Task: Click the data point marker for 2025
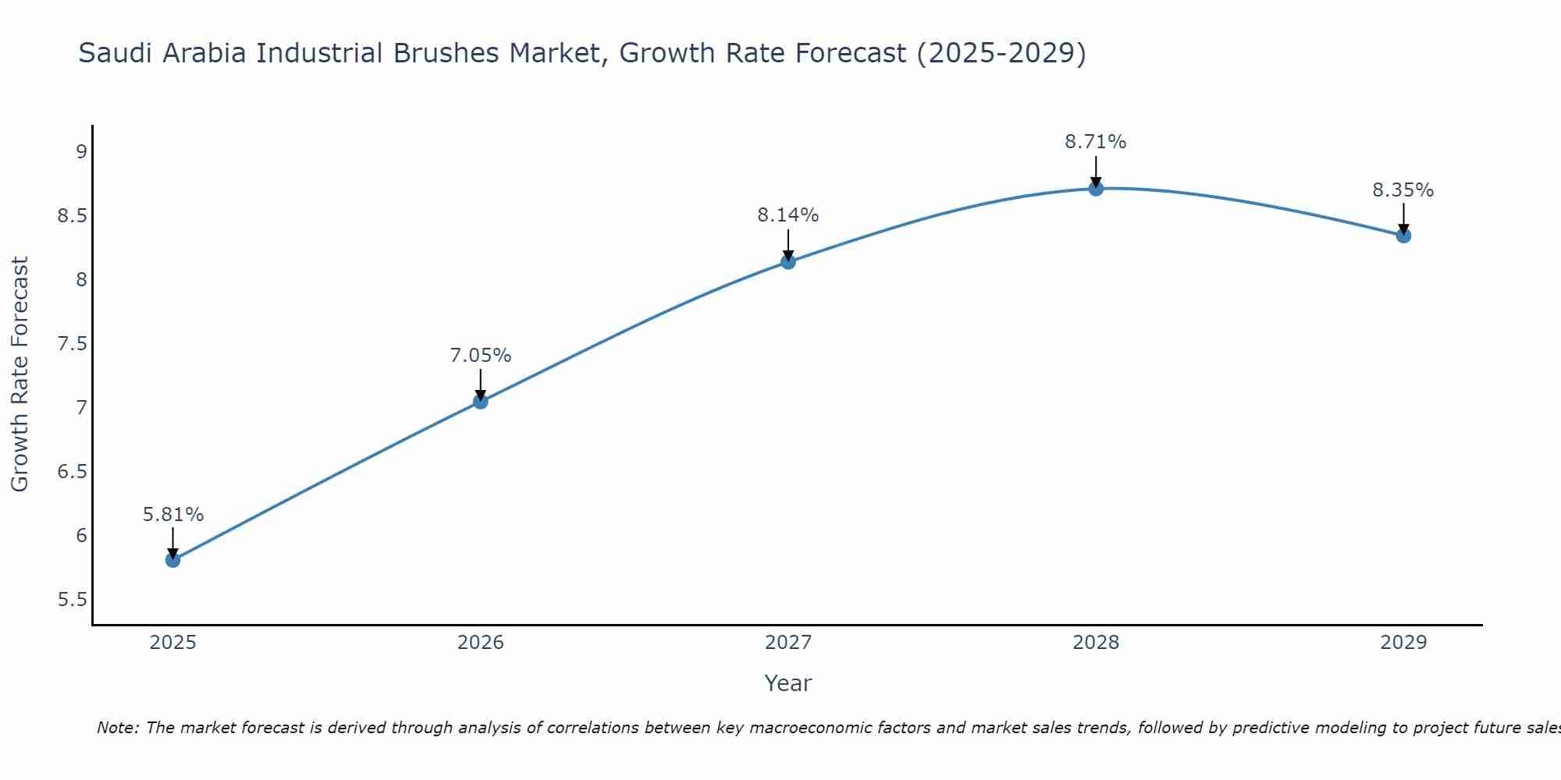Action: point(173,559)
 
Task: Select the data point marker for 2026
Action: point(481,401)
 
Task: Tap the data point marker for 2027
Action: point(788,261)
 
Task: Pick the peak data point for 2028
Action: point(1096,188)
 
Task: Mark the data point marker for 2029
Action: point(1403,235)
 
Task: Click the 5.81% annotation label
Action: point(173,515)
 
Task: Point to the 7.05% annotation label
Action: point(481,356)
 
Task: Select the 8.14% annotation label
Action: point(788,215)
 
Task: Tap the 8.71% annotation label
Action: point(1096,142)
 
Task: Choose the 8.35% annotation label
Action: point(1403,190)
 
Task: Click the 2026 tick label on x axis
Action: point(481,643)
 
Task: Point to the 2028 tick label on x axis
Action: point(1096,643)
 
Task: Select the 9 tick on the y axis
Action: point(81,151)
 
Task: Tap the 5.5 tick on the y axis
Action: point(72,600)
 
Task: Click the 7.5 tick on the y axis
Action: point(72,344)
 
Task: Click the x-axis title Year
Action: point(788,683)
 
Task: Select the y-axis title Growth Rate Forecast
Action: point(20,374)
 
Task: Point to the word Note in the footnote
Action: point(116,728)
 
